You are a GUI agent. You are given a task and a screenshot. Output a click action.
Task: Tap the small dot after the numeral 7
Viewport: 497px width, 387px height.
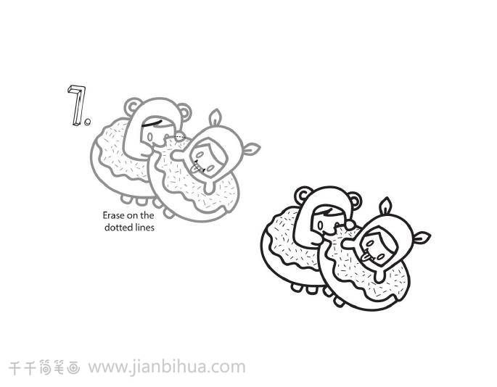click(88, 122)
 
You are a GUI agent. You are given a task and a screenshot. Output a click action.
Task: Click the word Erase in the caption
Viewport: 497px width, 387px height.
click(113, 215)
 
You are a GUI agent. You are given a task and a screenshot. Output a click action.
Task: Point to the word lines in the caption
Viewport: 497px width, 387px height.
click(144, 228)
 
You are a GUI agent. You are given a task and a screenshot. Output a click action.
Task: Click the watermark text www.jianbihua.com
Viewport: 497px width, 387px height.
click(167, 367)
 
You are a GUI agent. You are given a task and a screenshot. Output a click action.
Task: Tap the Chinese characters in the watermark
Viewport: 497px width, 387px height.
click(44, 368)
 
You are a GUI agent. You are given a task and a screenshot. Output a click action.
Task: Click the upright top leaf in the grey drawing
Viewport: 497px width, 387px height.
click(215, 118)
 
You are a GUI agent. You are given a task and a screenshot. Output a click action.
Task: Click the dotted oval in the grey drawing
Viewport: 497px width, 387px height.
click(179, 137)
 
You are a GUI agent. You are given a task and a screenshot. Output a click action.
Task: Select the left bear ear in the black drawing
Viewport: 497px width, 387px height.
click(303, 195)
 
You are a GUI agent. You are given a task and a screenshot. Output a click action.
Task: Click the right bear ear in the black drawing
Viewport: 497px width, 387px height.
click(355, 201)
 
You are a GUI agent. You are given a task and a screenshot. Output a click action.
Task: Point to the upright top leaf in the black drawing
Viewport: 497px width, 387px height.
click(386, 206)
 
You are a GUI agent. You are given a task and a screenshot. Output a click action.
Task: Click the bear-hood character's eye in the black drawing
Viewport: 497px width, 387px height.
click(321, 225)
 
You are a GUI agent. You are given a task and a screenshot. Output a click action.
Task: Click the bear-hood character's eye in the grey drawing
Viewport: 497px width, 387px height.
click(150, 137)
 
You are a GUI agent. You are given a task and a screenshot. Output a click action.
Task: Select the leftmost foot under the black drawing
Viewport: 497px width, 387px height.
click(297, 287)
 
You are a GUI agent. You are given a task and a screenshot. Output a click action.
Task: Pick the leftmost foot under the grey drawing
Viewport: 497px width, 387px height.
click(126, 199)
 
